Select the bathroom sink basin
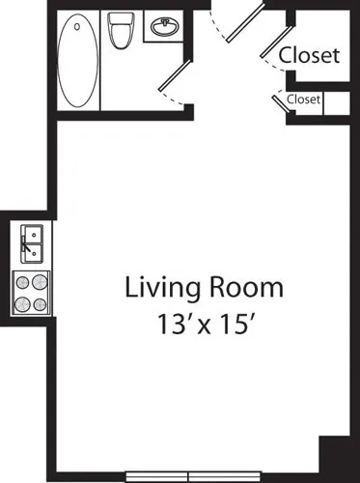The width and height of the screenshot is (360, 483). tap(161, 28)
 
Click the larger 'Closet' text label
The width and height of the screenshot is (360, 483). tap(309, 56)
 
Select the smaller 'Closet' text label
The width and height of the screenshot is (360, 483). tap(303, 99)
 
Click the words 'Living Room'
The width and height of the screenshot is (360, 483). tap(204, 288)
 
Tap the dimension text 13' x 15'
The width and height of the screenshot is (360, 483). tap(204, 323)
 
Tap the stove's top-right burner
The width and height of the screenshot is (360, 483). tap(40, 284)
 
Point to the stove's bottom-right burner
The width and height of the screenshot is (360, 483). tap(40, 304)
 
